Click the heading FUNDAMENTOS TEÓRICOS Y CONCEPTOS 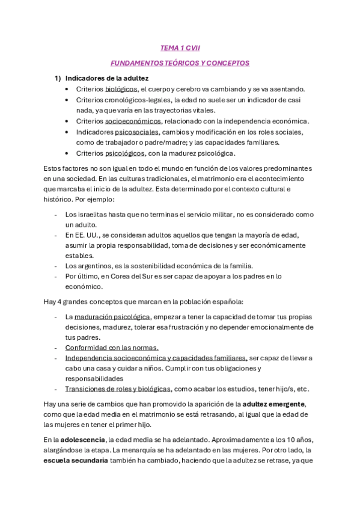pyautogui.click(x=180, y=63)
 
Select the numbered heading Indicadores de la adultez pyautogui.click(x=107, y=78)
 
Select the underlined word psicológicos pyautogui.click(x=127, y=153)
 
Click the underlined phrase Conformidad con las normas pyautogui.click(x=112, y=348)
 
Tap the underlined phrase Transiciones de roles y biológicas pyautogui.click(x=118, y=389)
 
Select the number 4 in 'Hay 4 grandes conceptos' pyautogui.click(x=59, y=301)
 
